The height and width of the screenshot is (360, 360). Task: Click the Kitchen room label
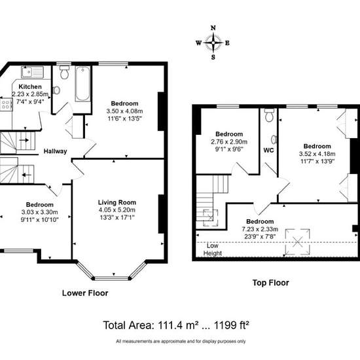(x=30, y=86)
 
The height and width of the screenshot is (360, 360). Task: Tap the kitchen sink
(x=32, y=72)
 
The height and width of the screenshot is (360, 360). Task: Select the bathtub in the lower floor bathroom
(x=82, y=84)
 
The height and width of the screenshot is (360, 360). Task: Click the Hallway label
(x=56, y=151)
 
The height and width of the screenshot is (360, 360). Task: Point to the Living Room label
(x=117, y=202)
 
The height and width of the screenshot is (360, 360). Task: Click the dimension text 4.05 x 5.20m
(x=117, y=210)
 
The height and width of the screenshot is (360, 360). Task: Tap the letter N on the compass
(x=213, y=28)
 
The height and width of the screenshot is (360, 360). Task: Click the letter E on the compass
(x=227, y=43)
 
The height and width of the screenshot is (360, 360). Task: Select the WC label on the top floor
(x=268, y=150)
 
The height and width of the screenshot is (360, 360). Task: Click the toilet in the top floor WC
(x=269, y=115)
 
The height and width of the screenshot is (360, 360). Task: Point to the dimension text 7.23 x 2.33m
(x=260, y=229)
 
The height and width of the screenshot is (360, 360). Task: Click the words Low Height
(x=213, y=249)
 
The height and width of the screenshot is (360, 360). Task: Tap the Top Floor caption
(x=271, y=283)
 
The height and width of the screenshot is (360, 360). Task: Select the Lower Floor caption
(x=85, y=293)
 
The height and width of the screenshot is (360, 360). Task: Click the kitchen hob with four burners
(x=6, y=105)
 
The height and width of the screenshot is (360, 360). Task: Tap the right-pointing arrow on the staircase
(x=24, y=140)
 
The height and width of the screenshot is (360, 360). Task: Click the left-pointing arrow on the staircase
(x=27, y=175)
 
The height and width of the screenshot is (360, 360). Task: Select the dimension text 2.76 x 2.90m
(x=229, y=141)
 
